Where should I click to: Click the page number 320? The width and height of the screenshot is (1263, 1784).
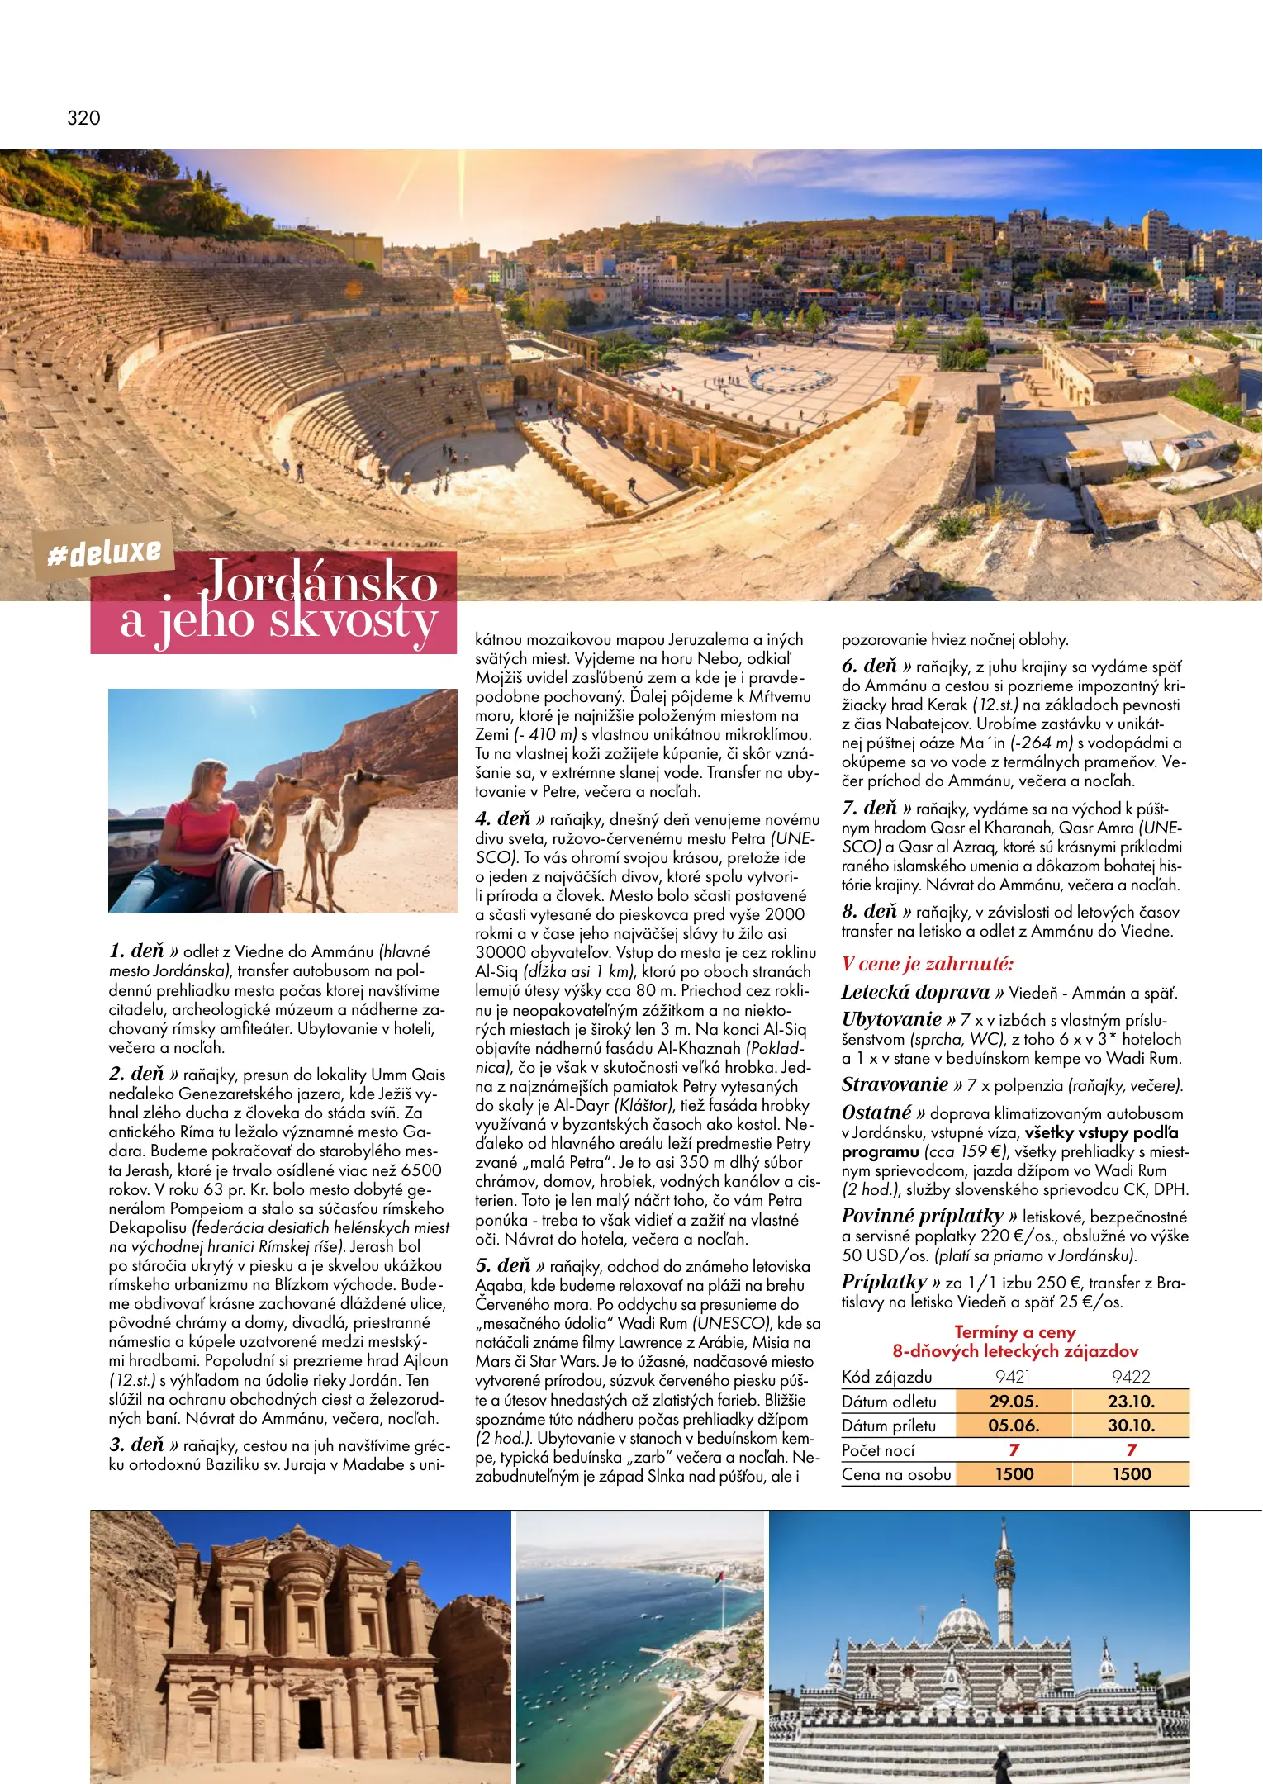point(83,118)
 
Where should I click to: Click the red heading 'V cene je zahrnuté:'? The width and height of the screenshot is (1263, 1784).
point(928,964)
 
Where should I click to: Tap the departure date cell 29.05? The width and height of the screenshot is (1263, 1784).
point(1014,1402)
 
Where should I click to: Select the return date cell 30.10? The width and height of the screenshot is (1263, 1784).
point(1131,1426)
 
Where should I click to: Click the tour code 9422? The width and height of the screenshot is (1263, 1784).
point(1131,1377)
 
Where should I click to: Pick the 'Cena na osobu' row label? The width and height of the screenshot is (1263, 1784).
point(896,1474)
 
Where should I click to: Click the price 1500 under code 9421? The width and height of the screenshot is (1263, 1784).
point(1014,1474)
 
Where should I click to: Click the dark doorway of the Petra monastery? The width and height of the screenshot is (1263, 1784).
point(311,1722)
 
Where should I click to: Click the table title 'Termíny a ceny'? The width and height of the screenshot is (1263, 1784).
point(1015,1332)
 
